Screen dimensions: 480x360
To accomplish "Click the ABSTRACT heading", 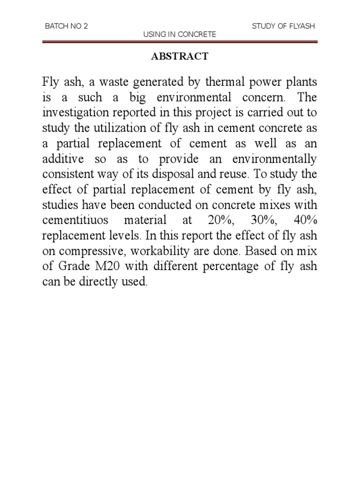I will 180,57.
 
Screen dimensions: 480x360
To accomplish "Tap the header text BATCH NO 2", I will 66,26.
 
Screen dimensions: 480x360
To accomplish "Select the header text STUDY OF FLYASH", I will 283,26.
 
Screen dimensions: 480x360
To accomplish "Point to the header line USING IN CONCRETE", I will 180,35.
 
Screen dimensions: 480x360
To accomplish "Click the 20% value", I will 217,220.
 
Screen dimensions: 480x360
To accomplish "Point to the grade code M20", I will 110,266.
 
